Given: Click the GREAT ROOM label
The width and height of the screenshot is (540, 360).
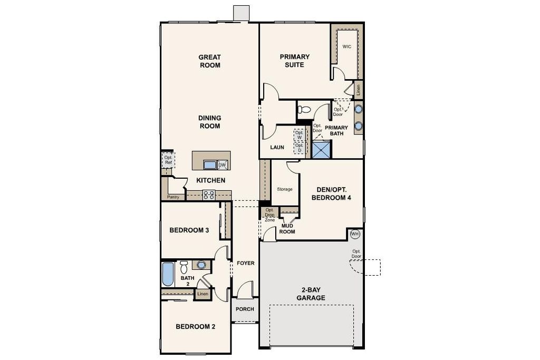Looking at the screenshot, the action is [210, 61].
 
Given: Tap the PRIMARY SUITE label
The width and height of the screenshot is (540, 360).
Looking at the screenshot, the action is [294, 61].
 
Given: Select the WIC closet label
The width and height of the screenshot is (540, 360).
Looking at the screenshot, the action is [347, 46].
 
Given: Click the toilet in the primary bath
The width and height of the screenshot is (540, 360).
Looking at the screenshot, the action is [304, 110].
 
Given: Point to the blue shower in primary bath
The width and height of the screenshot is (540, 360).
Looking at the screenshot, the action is [322, 149].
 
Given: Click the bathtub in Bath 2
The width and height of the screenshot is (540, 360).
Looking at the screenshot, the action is [168, 274].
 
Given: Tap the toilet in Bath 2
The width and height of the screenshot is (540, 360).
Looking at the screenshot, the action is [184, 267].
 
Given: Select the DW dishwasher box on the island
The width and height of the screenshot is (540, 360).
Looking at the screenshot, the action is [223, 165].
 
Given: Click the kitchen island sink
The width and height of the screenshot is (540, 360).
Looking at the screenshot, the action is [210, 165].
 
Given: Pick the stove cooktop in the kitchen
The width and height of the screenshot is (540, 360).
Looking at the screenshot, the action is [209, 195].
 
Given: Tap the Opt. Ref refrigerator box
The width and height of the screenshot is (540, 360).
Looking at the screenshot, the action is [168, 160].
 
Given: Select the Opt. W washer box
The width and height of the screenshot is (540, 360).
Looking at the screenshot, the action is [299, 135].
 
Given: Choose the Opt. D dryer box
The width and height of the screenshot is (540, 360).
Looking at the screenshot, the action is [299, 148].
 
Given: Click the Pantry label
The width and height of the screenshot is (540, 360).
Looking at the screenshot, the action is [173, 197].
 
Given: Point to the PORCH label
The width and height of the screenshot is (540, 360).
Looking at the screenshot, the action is [245, 309].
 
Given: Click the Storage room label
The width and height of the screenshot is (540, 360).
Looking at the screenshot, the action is [285, 189].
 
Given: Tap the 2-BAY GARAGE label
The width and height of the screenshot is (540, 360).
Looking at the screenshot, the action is [311, 294].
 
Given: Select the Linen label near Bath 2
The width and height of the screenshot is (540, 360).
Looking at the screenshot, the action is [202, 294].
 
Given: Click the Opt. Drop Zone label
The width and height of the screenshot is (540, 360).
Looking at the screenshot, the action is [269, 215].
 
